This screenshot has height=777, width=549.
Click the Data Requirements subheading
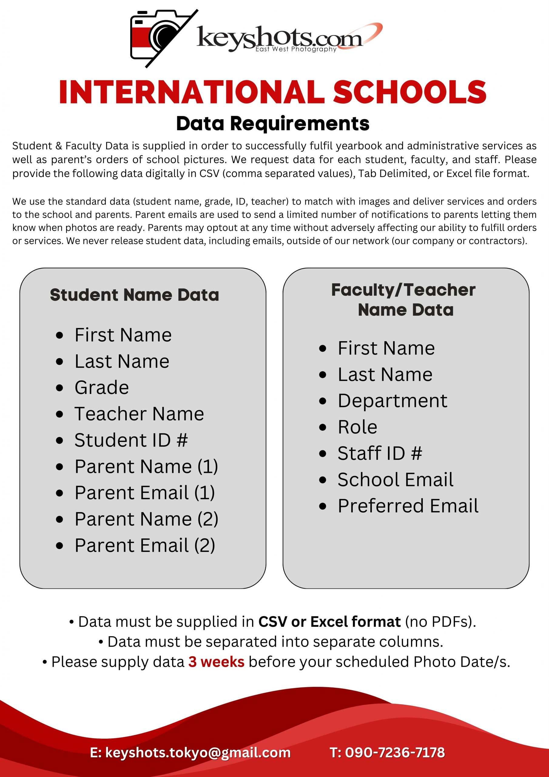point(273,124)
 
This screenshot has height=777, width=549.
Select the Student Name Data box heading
point(134,295)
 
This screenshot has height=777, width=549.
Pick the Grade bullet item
point(102,388)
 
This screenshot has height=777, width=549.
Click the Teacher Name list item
point(139,414)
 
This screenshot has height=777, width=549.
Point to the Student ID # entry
point(131,440)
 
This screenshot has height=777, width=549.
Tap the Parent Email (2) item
point(145,545)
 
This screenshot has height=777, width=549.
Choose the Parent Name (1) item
point(146,467)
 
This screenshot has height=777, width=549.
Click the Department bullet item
point(392,401)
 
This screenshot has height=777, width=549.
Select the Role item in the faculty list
point(357,427)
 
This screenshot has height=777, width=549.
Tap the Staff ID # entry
point(379,453)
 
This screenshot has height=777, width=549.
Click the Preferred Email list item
point(408,506)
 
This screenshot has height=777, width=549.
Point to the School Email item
point(395,480)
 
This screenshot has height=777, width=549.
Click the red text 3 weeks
point(216,662)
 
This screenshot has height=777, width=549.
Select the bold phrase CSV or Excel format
point(329,622)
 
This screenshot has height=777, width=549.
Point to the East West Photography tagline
point(296,49)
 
